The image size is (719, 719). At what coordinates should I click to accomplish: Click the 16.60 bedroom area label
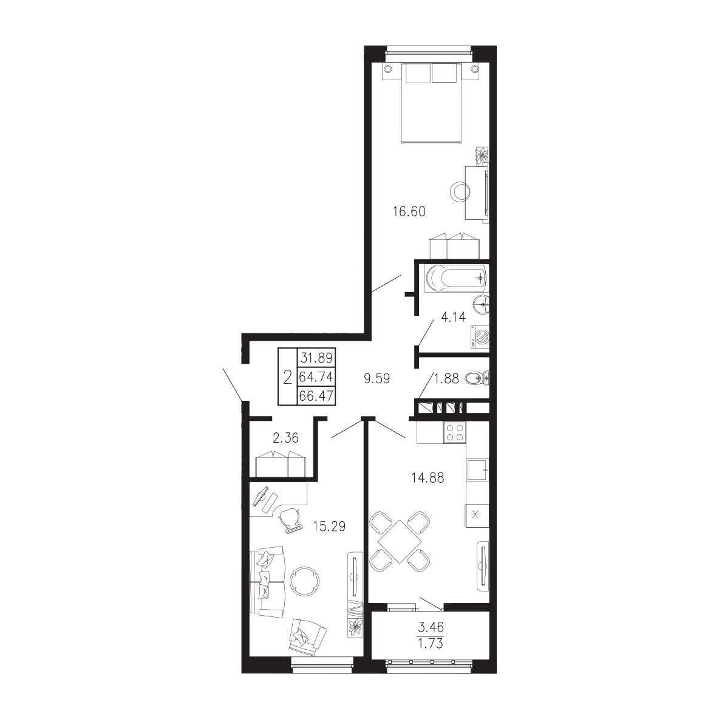pos(409,212)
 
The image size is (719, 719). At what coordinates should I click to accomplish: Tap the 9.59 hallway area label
pos(377,379)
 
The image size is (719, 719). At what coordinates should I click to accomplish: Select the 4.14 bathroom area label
pos(453,317)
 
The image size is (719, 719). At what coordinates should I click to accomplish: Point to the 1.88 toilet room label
pos(446,379)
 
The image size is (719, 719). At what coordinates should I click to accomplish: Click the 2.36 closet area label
pos(285,438)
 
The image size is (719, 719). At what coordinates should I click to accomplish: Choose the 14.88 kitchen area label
pos(428,478)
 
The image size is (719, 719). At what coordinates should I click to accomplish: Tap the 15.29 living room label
pos(329,526)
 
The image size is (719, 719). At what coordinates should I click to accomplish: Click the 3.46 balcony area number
pos(431,626)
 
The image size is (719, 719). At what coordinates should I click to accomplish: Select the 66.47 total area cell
pos(316,395)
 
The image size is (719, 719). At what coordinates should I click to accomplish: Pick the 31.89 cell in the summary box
pos(316,357)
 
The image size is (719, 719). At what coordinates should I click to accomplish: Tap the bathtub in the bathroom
pos(455,278)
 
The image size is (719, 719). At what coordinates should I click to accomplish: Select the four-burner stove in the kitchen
pos(454,432)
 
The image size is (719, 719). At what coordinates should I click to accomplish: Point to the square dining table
pos(400,542)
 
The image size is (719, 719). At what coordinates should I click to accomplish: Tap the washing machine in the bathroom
pos(480,338)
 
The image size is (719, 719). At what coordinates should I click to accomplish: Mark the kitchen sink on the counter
pos(477,469)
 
